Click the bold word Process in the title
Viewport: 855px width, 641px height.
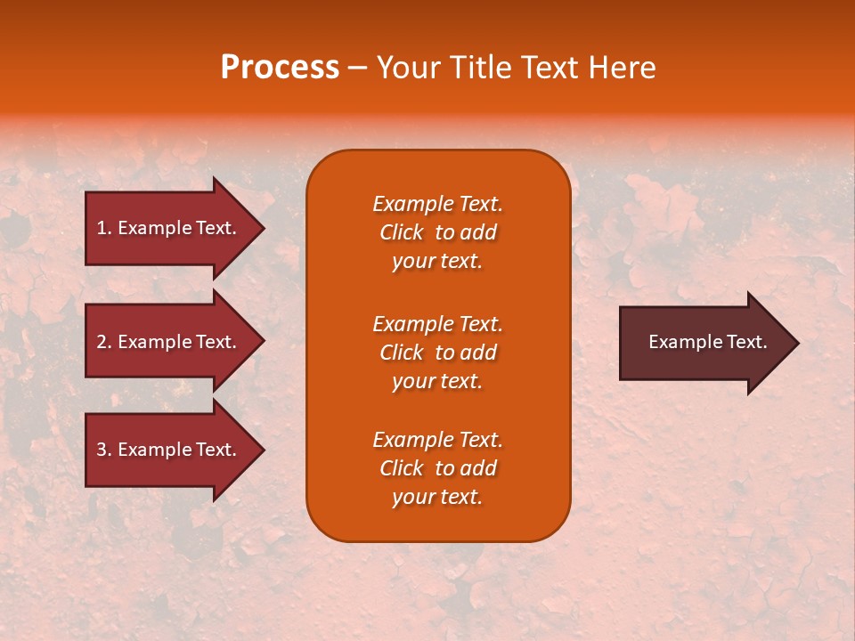click(280, 67)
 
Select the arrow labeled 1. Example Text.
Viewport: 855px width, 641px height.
click(169, 228)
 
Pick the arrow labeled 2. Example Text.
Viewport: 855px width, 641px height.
click(169, 342)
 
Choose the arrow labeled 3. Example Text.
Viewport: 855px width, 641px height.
click(169, 450)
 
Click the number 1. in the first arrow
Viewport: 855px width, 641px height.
click(104, 228)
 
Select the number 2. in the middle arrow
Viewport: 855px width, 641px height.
click(104, 342)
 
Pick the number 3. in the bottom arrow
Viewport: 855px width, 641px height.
click(104, 450)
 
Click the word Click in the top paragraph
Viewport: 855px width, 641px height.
click(402, 232)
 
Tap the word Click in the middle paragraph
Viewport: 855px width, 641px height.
click(402, 353)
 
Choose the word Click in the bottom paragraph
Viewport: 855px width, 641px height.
click(402, 468)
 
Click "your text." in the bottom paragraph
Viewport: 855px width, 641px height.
click(437, 497)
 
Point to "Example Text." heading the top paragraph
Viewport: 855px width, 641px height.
click(437, 204)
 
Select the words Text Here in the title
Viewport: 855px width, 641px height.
click(588, 67)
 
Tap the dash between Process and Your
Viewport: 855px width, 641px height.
click(357, 69)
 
